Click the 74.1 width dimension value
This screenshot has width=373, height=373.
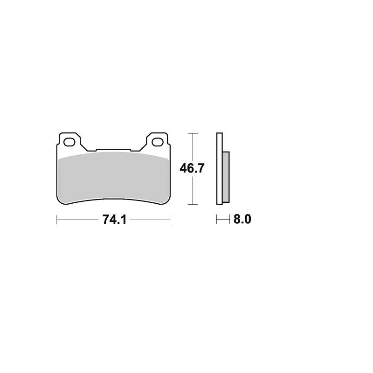click(114, 219)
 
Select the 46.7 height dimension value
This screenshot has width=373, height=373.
click(192, 168)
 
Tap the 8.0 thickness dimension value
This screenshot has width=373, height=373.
click(242, 219)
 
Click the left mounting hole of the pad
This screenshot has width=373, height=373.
click(69, 142)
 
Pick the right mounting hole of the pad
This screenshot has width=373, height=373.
click(158, 142)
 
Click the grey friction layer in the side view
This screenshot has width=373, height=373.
click(226, 177)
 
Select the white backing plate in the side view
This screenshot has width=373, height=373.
click(220, 169)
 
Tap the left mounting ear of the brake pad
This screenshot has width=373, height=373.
click(70, 142)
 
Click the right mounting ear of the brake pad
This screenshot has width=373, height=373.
click(157, 142)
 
